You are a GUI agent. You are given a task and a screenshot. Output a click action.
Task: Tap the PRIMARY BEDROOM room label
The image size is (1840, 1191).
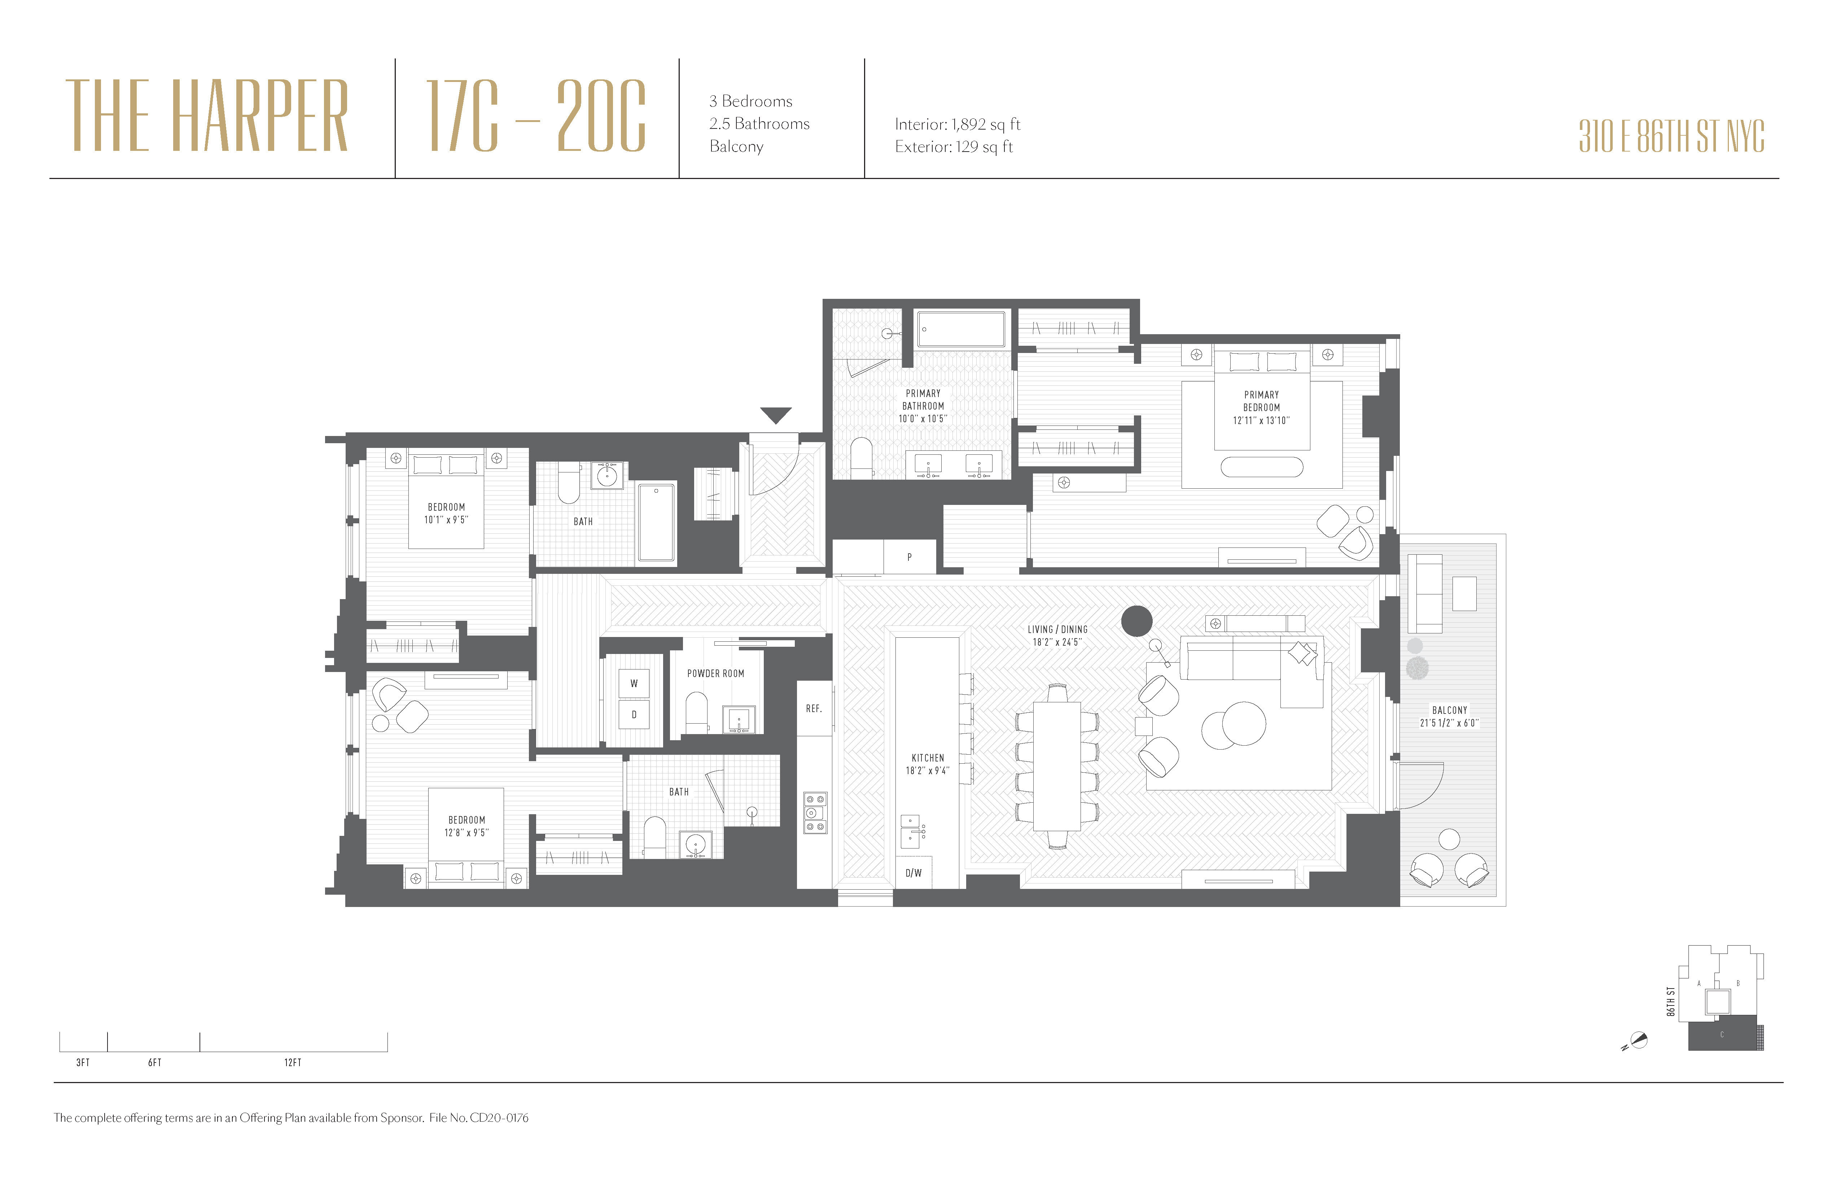pos(1261,407)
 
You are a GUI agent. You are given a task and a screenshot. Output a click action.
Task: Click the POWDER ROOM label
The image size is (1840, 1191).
pos(715,673)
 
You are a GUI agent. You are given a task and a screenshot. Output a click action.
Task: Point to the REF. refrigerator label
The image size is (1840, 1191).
pos(813,708)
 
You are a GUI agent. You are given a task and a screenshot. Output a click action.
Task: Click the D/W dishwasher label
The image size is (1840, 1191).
pos(913,873)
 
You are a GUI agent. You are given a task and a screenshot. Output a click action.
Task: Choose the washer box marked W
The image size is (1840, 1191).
pos(634,684)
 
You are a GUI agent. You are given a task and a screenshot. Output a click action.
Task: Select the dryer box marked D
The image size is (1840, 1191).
pos(634,715)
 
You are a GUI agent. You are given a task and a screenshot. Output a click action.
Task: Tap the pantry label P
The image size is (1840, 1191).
pos(909,557)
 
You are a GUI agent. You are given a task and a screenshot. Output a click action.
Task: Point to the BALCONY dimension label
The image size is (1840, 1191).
pos(1449,716)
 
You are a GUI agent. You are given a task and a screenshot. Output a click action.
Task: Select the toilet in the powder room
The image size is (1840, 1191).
pos(697,710)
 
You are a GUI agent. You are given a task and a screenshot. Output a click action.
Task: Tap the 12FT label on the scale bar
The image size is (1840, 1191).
pos(292,1063)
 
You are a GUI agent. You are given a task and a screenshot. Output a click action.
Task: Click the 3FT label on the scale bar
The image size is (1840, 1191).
pos(83,1063)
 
